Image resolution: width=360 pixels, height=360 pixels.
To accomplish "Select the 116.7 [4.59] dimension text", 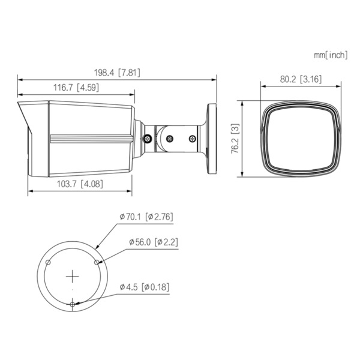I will pyautogui.click(x=76, y=87).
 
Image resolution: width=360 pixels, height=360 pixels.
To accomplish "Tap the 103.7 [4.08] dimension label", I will pyautogui.click(x=80, y=184).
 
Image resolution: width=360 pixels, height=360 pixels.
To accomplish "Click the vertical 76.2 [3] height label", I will pyautogui.click(x=236, y=139).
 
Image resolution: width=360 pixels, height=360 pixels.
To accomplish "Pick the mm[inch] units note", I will pyautogui.click(x=330, y=55).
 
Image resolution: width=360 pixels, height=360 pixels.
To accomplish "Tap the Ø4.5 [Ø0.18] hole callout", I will pyautogui.click(x=144, y=287).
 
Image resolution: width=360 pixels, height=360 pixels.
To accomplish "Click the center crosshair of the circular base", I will pyautogui.click(x=73, y=276).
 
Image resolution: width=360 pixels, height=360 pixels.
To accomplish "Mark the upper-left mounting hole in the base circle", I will pyautogui.click(x=49, y=262).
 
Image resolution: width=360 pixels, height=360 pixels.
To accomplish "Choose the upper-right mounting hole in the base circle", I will pyautogui.click(x=97, y=262).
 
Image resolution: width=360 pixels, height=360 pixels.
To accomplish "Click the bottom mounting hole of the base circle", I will pyautogui.click(x=73, y=304).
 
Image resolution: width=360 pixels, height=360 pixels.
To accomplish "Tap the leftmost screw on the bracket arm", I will pyautogui.click(x=147, y=139).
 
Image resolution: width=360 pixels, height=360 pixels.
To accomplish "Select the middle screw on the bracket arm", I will pyautogui.click(x=170, y=139).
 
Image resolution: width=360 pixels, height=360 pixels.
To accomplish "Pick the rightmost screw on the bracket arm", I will pyautogui.click(x=192, y=139).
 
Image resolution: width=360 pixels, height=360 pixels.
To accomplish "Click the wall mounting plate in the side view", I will pyautogui.click(x=212, y=139).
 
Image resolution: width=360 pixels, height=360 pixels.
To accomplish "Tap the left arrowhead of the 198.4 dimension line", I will pyautogui.click(x=20, y=79).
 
